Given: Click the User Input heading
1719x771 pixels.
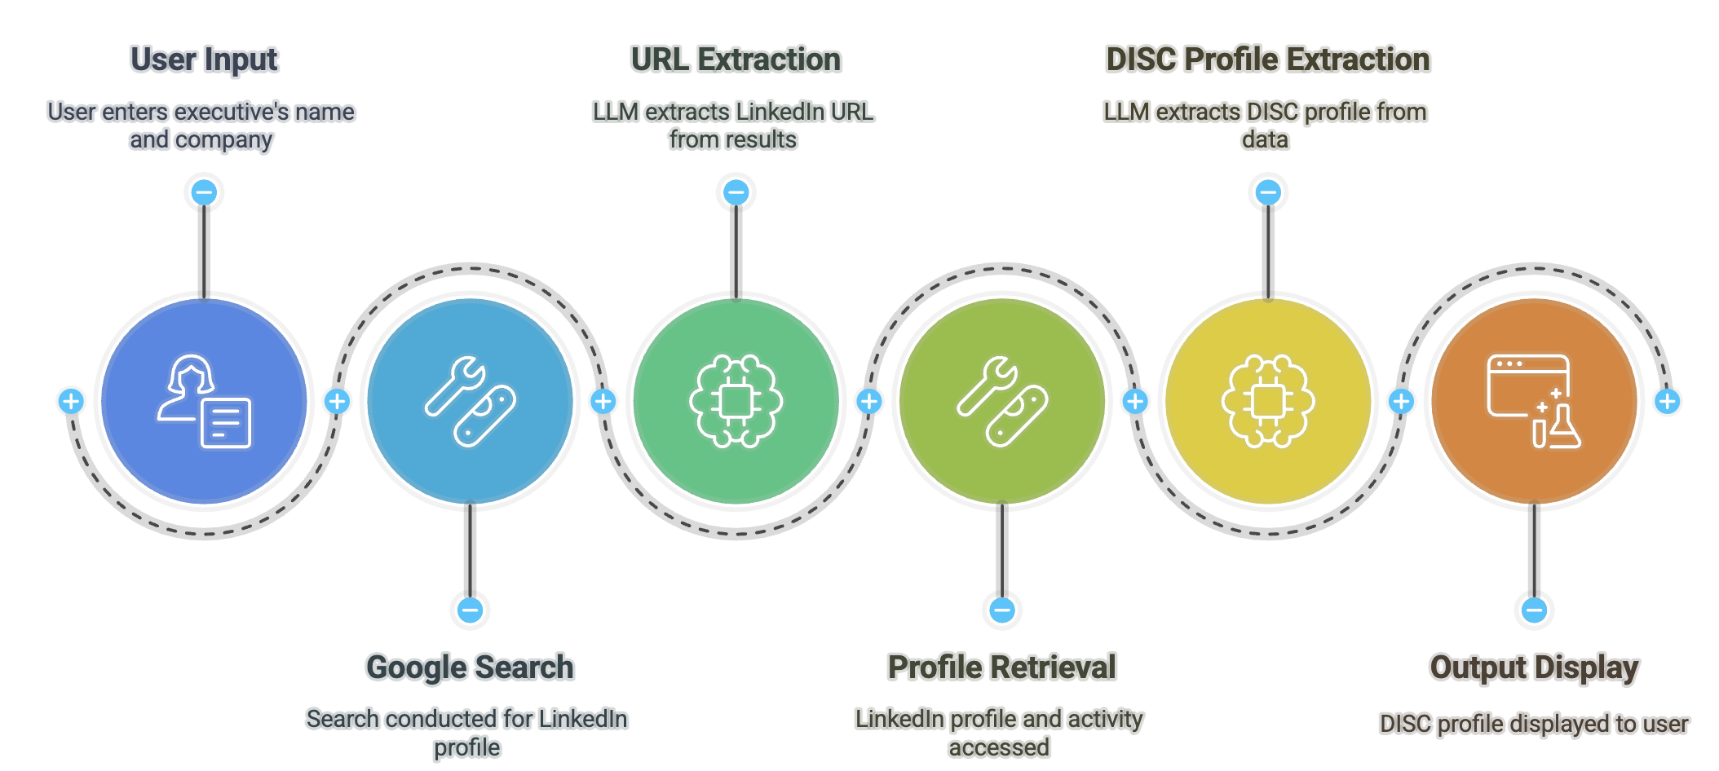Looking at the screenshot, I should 204,60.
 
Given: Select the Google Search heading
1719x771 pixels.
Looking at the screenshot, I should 470,667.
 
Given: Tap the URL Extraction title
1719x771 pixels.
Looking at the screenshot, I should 736,60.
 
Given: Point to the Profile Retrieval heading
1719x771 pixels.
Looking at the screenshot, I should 1001,667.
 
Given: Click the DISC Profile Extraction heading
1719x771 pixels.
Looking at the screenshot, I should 1267,60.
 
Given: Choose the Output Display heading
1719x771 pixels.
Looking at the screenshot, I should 1534,667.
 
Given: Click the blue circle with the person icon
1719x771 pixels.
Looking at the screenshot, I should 204,401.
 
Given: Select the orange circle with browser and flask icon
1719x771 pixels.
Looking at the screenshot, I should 1534,401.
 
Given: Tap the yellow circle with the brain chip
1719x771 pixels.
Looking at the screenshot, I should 1267,401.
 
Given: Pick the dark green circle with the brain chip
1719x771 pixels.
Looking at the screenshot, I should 736,401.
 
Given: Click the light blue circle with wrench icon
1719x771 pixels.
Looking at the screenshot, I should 470,401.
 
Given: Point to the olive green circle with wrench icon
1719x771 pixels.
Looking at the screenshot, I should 1001,401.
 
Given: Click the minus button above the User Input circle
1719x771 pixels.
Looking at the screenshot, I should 204,193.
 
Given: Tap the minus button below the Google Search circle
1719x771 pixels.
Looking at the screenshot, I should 470,610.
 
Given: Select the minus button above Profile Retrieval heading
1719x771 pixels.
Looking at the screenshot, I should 1001,610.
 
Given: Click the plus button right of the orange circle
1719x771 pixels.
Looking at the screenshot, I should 1667,401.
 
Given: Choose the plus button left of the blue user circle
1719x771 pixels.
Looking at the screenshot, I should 71,401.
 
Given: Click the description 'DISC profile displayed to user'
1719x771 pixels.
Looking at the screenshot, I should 1534,724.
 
